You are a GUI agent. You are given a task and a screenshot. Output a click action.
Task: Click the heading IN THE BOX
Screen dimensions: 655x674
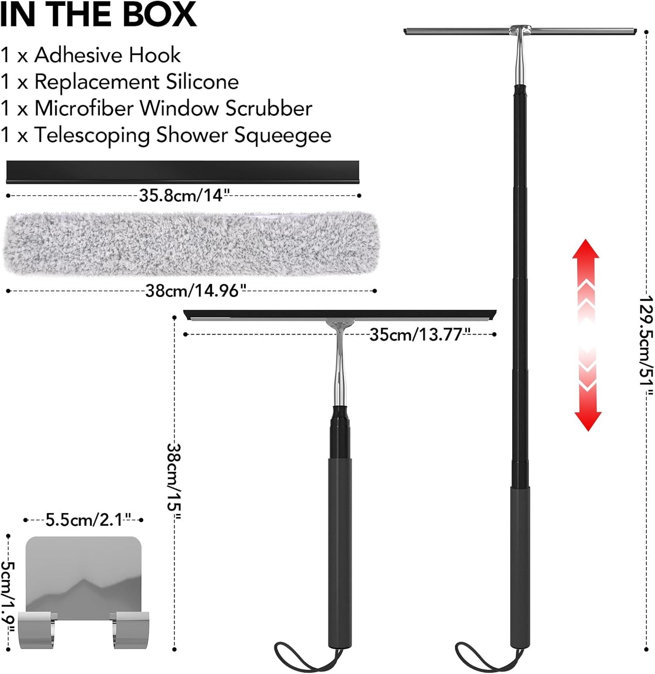tap(98, 14)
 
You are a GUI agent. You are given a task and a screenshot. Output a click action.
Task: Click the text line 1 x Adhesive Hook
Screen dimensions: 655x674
tap(90, 55)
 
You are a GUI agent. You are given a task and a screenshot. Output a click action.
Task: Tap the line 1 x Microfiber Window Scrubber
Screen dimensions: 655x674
tap(156, 108)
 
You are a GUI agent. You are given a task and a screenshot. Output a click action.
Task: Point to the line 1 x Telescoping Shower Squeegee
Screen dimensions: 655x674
tap(165, 135)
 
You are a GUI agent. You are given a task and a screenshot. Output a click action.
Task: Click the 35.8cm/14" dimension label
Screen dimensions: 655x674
tap(184, 196)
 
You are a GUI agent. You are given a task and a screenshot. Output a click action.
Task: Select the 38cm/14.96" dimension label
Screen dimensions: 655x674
tap(196, 291)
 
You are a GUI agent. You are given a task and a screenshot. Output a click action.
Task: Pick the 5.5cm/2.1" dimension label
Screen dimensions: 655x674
tap(88, 520)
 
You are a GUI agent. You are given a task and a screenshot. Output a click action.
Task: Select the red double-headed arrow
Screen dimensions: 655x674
tap(587, 335)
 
